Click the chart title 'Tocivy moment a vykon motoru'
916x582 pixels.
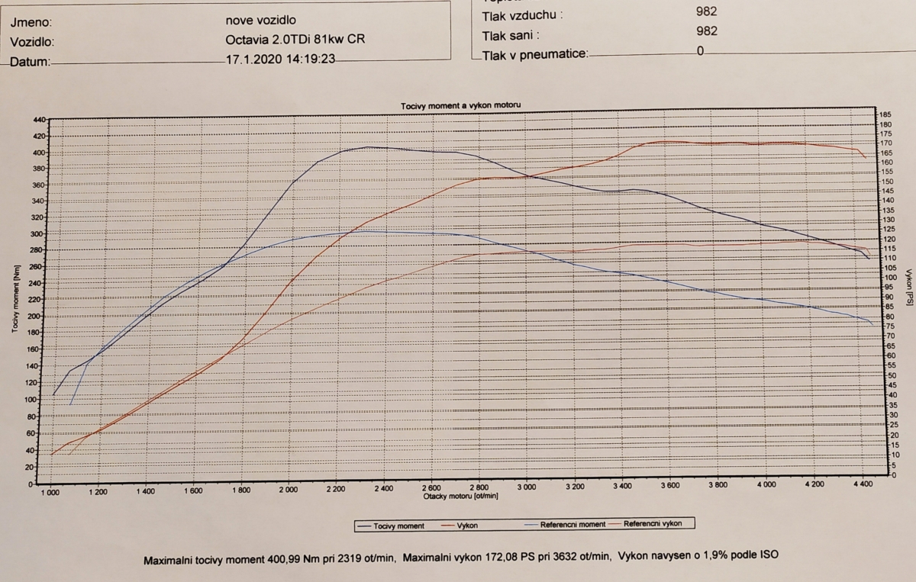coord(461,105)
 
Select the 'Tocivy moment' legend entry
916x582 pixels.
coord(398,526)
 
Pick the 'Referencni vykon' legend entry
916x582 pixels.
coord(653,524)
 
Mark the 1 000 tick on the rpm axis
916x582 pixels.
coord(50,492)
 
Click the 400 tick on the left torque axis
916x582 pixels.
coord(40,153)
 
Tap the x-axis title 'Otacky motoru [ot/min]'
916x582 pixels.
coord(460,496)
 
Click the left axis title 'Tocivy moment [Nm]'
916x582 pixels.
coord(15,298)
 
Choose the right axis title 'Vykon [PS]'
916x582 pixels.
coord(908,288)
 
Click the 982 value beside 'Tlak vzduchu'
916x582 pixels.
coord(706,11)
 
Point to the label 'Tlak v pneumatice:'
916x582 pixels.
coord(534,54)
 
